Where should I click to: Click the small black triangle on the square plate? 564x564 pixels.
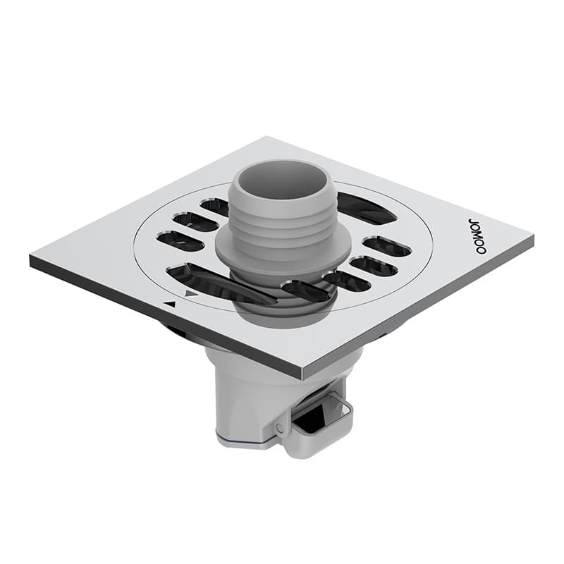(x=169, y=304)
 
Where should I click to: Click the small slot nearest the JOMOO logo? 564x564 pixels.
(x=386, y=246)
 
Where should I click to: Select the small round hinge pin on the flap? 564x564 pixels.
(x=281, y=428)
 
